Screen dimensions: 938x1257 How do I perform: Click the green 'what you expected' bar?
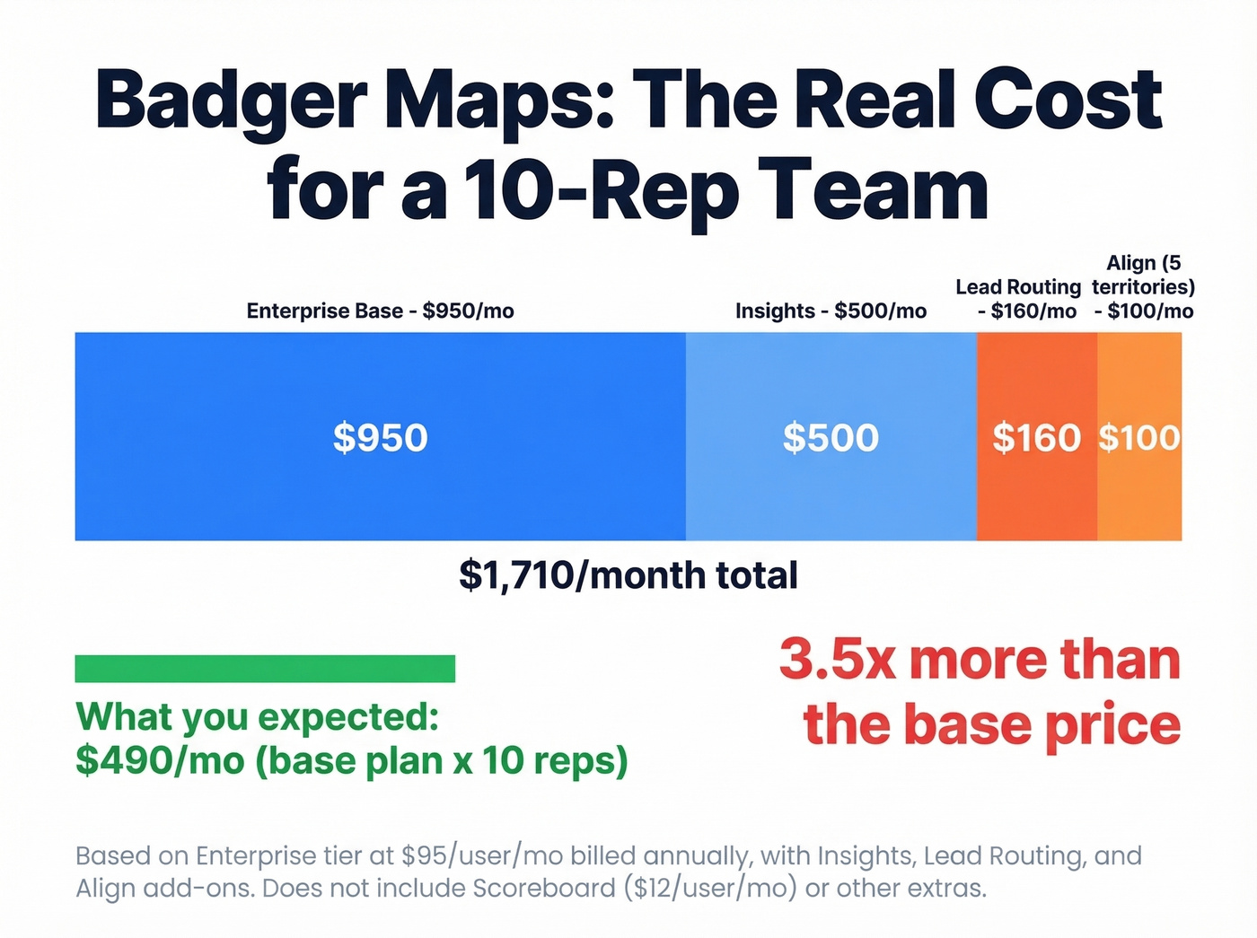tap(265, 669)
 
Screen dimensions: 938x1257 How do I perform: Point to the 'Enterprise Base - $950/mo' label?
tap(380, 311)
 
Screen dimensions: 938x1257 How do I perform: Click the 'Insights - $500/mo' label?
tap(831, 311)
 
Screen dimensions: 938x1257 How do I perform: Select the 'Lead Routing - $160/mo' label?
tap(1018, 299)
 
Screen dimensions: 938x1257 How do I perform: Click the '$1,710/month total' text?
tap(628, 575)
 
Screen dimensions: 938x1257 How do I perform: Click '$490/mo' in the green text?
tap(160, 760)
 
